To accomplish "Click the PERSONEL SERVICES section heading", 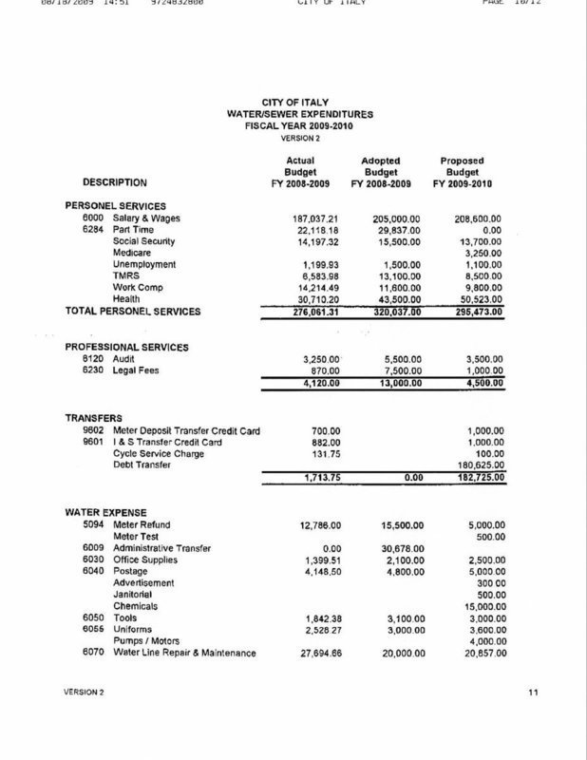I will click(115, 205).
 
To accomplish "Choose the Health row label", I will click(126, 298).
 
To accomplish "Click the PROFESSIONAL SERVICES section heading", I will click(128, 348).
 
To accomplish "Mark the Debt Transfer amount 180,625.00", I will click(476, 465).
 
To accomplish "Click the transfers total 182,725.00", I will click(476, 479).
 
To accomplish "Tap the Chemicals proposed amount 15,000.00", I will click(479, 605).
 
